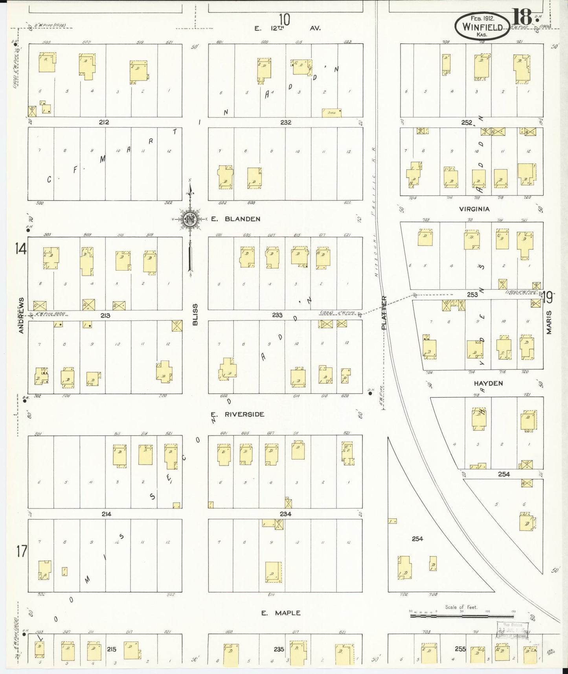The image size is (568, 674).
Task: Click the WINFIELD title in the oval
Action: (483, 27)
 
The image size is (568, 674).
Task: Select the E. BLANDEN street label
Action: (235, 219)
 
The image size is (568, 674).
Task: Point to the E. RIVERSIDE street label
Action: (237, 414)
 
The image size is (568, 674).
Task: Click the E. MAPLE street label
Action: (281, 613)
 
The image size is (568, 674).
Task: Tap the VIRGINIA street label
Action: (474, 209)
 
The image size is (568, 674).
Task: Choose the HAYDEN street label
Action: (488, 383)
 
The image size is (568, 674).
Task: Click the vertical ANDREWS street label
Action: (21, 315)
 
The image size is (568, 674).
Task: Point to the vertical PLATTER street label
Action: (384, 312)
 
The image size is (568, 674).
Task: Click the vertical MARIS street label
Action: (549, 322)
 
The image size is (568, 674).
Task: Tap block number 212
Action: (104, 122)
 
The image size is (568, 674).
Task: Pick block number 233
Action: (278, 315)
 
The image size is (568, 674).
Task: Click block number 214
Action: (106, 514)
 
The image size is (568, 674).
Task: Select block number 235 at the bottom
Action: (279, 649)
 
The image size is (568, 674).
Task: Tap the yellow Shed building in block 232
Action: (331, 113)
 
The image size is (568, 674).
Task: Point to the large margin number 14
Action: (20, 249)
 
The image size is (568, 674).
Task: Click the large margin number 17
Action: (22, 552)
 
